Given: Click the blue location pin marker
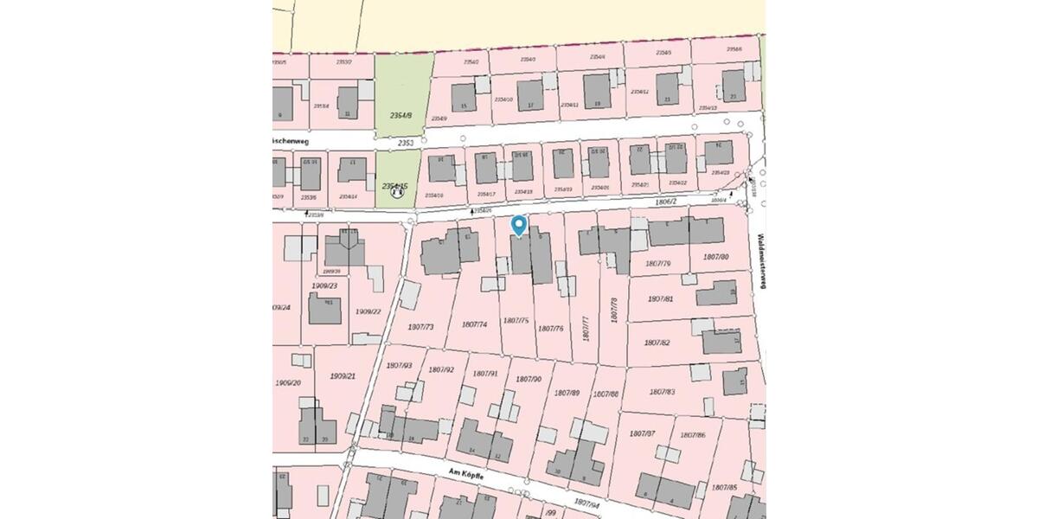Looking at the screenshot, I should click(x=518, y=225).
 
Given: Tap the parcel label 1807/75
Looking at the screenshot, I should click(x=516, y=320).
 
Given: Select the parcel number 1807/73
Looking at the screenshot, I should click(x=420, y=326).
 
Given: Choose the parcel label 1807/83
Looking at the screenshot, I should click(x=659, y=392).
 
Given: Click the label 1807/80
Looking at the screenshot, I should click(x=715, y=257).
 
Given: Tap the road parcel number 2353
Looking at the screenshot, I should click(x=407, y=142).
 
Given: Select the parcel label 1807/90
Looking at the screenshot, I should click(x=528, y=379).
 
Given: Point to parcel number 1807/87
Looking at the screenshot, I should click(x=643, y=432).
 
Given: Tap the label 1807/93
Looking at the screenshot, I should click(x=400, y=366).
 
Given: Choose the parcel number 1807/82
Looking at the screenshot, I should click(x=658, y=343).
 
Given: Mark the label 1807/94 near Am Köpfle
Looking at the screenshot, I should click(x=586, y=502).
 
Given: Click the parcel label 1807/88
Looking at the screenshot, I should click(x=605, y=394).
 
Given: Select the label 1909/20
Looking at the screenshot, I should click(x=288, y=382).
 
